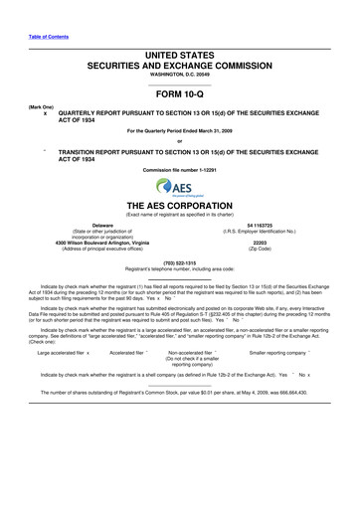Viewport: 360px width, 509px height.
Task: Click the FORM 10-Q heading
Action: pyautogui.click(x=180, y=96)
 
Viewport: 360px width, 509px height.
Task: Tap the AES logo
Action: pyautogui.click(x=180, y=188)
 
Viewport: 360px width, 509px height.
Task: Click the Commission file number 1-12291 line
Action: pyautogui.click(x=180, y=170)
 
